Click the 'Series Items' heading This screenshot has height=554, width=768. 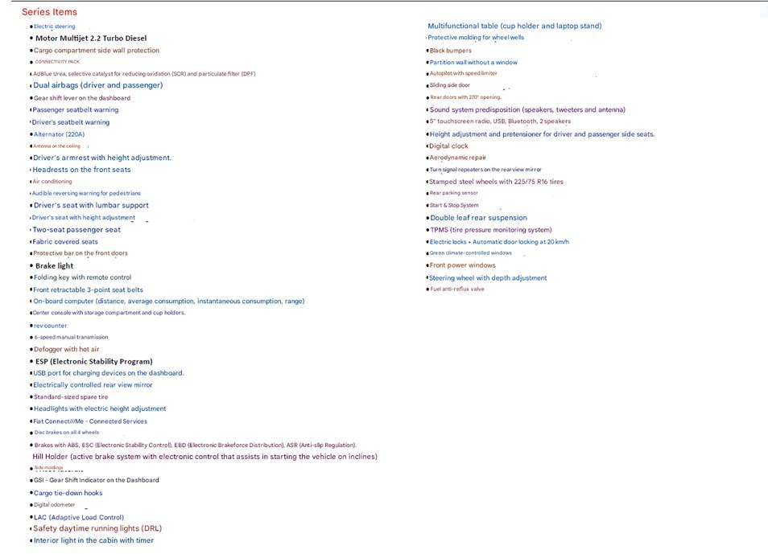(49, 12)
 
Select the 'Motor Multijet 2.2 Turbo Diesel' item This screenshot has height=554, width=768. (90, 38)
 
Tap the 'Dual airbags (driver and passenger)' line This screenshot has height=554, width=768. (97, 85)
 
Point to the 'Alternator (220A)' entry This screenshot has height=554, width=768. (59, 134)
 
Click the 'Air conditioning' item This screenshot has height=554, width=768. (52, 182)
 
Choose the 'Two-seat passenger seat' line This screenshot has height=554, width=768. (76, 230)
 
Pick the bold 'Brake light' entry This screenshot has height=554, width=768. (54, 265)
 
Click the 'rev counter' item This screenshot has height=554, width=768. (50, 326)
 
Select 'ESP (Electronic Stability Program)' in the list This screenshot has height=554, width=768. (93, 361)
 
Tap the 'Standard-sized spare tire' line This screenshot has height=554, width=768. (70, 397)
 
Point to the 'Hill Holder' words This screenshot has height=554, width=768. (51, 457)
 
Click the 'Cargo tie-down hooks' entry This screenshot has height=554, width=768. (68, 493)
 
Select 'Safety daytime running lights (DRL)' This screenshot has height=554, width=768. (97, 528)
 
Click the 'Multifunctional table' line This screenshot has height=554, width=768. (514, 26)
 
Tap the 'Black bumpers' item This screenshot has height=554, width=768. (450, 51)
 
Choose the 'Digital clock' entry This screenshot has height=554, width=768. (448, 146)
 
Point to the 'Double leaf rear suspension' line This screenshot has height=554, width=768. (478, 218)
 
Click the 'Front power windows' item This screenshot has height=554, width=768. (462, 265)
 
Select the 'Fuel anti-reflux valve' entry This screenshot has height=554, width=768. (456, 289)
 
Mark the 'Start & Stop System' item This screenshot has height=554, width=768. (453, 205)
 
